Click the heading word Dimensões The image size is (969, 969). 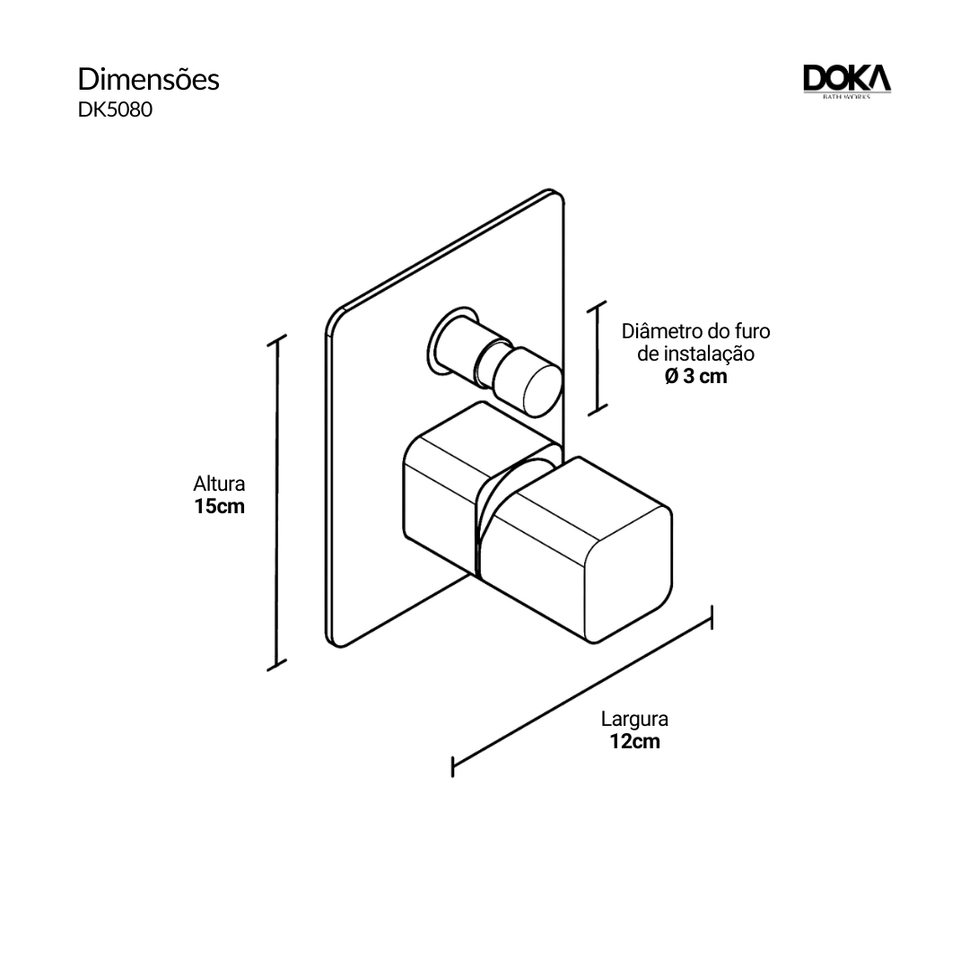148,79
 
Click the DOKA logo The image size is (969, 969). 846,81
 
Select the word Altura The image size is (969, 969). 219,484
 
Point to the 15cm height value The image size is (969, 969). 219,507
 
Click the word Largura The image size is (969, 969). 634,719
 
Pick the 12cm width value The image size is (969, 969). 634,742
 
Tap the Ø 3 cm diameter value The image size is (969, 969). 695,377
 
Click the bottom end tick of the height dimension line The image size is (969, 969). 277,665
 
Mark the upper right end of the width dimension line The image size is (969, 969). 711,617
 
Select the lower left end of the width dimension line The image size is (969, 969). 454,765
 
